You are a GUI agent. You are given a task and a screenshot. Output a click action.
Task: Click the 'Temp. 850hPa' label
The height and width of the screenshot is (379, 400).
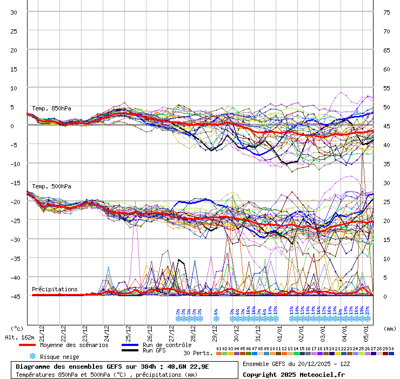pyautogui.click(x=51, y=108)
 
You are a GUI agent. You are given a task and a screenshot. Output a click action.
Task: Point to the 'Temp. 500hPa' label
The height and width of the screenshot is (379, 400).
pyautogui.click(x=51, y=186)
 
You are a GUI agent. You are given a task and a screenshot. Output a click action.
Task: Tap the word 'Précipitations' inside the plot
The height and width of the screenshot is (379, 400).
pyautogui.click(x=55, y=289)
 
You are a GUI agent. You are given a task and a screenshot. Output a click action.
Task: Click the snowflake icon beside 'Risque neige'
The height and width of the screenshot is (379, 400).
pyautogui.click(x=32, y=357)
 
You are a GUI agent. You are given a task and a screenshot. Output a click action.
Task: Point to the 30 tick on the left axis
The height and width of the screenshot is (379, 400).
pyautogui.click(x=14, y=12)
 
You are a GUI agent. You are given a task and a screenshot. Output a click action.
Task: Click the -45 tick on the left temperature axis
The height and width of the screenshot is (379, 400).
pyautogui.click(x=12, y=296)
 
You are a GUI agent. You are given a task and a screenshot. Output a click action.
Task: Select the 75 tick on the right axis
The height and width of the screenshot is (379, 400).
pyautogui.click(x=386, y=12)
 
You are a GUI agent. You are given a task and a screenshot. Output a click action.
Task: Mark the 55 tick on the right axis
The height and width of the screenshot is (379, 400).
pyautogui.click(x=386, y=88)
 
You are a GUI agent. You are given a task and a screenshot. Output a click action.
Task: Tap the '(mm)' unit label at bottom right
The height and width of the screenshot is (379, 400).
pyautogui.click(x=388, y=328)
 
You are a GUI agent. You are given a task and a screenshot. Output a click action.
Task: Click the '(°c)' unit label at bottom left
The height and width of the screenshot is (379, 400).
pyautogui.click(x=17, y=328)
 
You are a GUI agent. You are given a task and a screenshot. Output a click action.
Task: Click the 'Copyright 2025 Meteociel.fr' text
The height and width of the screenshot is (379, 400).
pyautogui.click(x=293, y=374)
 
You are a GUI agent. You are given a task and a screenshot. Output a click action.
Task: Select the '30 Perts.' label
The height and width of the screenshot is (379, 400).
pyautogui.click(x=198, y=353)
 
